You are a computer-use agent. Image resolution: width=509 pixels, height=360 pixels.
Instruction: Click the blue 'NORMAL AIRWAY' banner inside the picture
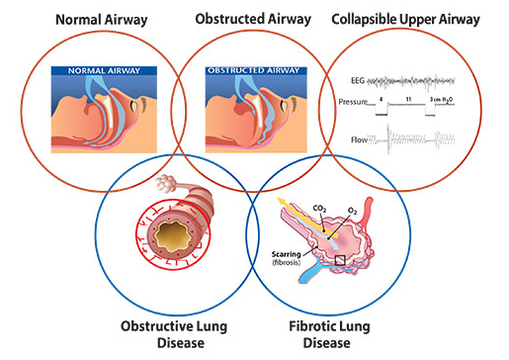(x=106, y=70)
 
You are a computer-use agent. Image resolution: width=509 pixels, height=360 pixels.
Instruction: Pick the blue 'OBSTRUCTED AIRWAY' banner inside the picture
(x=259, y=70)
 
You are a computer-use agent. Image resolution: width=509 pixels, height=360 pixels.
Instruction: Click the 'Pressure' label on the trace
(x=354, y=102)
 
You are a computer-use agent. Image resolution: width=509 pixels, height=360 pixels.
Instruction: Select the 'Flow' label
(x=359, y=140)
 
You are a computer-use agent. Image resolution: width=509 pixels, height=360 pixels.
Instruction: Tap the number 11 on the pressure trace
(x=407, y=100)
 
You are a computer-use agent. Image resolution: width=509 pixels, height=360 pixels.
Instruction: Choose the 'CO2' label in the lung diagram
(x=320, y=208)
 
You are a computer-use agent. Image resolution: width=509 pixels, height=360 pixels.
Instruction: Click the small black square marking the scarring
(x=341, y=260)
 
